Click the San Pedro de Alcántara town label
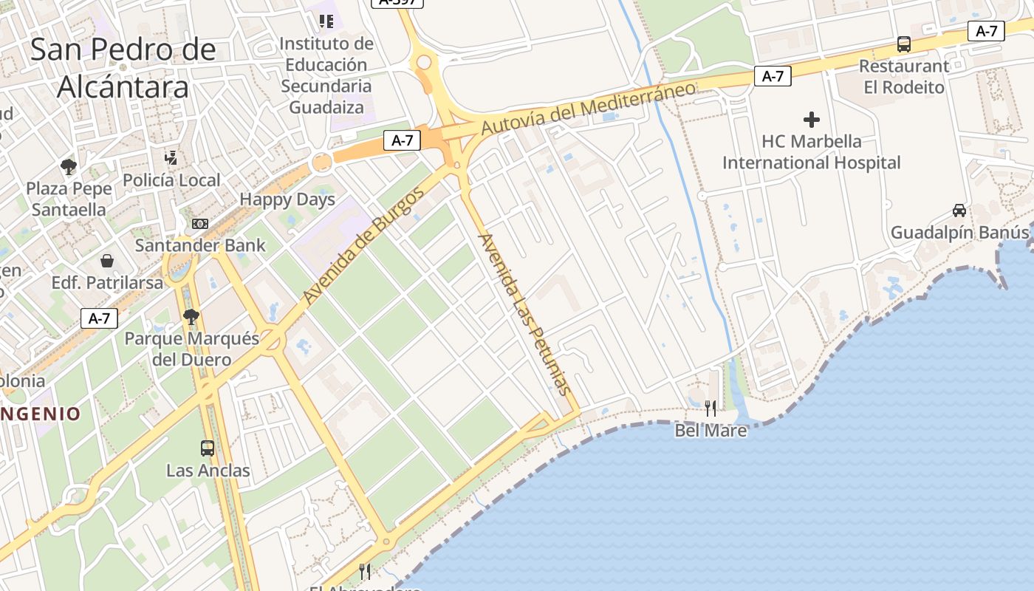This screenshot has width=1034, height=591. [x=123, y=68]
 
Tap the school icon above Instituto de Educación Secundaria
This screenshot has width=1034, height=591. [x=326, y=21]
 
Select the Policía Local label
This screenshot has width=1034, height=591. [x=171, y=180]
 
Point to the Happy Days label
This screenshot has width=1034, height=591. [x=287, y=199]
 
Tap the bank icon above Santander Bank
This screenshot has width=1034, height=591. [x=199, y=224]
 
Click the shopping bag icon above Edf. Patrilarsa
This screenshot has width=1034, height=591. [x=107, y=261]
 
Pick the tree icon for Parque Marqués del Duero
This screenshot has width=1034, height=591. [x=191, y=317]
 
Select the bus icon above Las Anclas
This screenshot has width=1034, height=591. [x=208, y=448]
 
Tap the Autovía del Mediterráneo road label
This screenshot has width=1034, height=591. [x=588, y=109]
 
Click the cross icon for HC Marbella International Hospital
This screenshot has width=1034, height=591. [x=812, y=120]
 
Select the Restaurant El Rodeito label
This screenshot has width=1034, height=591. [x=904, y=77]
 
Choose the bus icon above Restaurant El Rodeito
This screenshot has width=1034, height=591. [x=904, y=44]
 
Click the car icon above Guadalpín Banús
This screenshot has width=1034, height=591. [x=959, y=211]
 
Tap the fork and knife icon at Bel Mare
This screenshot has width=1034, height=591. [x=711, y=408]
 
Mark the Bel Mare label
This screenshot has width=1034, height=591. [x=711, y=430]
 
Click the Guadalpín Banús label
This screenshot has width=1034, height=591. [x=959, y=233]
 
